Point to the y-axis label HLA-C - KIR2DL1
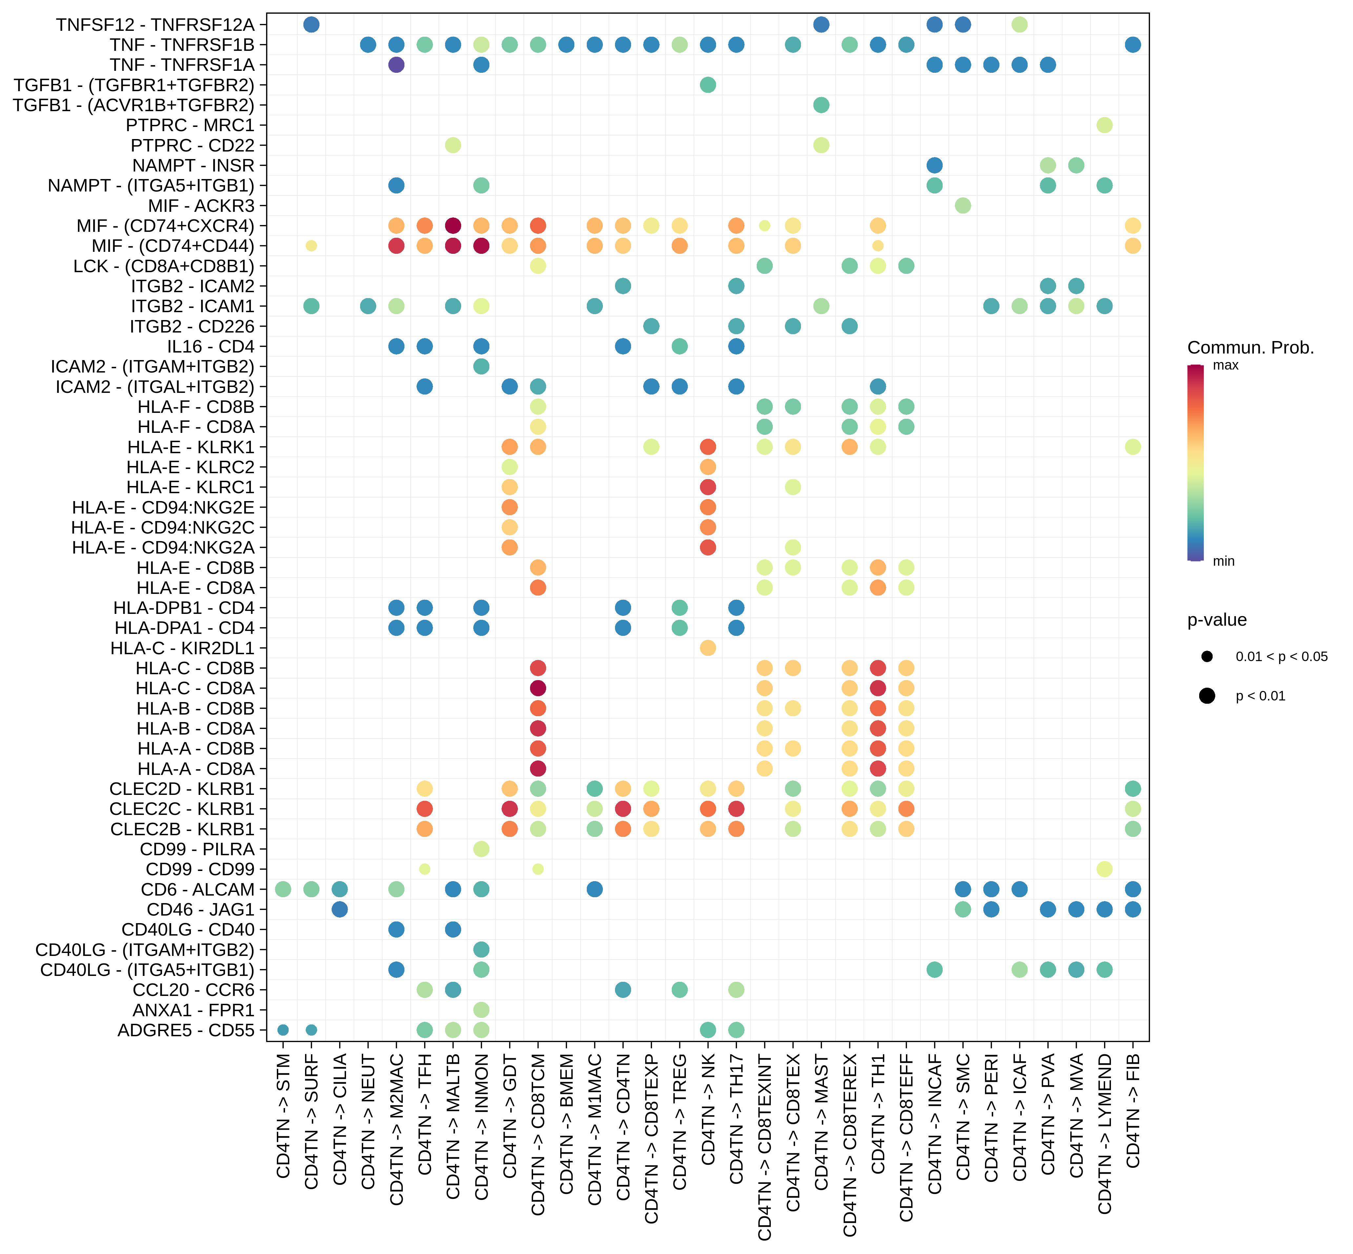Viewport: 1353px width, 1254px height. [x=182, y=648]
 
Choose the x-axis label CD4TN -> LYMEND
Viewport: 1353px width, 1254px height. [x=1105, y=1133]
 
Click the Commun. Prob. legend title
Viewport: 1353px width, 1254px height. [x=1250, y=348]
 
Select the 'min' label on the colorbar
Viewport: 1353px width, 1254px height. [x=1223, y=561]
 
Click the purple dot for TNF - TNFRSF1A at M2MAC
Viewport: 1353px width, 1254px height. [x=397, y=65]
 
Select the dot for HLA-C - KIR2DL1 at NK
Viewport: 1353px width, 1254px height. [x=708, y=648]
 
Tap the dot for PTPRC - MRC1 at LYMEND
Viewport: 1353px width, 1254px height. [x=1105, y=125]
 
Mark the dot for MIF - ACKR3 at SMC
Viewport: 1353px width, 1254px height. [x=963, y=206]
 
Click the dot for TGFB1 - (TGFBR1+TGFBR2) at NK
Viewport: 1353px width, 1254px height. [x=708, y=85]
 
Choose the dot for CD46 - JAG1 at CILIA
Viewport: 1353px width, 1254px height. [x=340, y=909]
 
